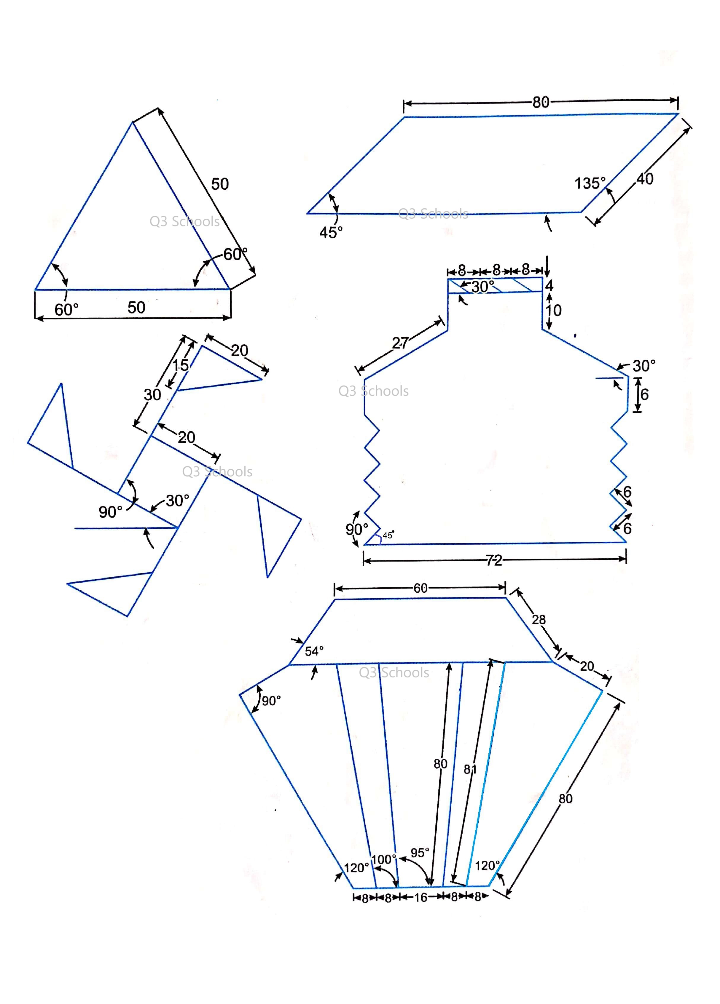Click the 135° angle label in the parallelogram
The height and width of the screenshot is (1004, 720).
point(590,183)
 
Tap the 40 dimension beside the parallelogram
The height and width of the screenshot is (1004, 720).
point(645,179)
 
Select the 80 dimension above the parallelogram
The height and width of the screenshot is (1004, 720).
point(541,102)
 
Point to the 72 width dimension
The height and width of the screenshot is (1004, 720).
point(494,560)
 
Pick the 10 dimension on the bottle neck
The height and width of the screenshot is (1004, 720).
point(553,310)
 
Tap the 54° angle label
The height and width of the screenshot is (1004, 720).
point(314,651)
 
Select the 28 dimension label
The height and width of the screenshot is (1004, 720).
point(539,619)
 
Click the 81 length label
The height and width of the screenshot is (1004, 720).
point(470,769)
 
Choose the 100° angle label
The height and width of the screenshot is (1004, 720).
point(383,859)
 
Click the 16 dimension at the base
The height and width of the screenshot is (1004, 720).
point(420,897)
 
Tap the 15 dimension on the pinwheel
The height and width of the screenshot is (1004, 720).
point(180,365)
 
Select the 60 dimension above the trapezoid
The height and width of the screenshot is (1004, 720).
point(420,588)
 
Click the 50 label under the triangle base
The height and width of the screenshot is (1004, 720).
point(136,307)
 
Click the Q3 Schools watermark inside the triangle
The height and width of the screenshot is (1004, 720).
point(184,221)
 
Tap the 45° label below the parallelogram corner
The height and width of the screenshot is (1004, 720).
point(331,232)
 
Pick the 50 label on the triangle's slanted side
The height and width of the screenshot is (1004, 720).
point(220,184)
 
